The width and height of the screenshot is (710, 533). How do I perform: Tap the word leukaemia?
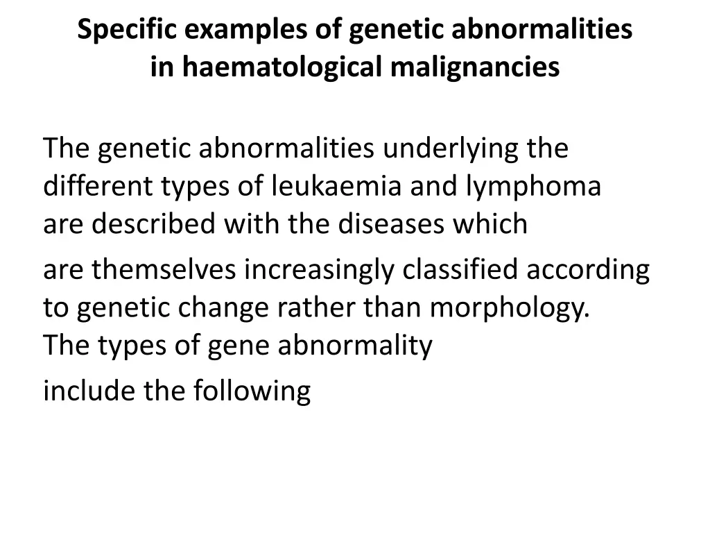[337, 186]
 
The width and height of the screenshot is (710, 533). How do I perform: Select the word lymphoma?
[533, 186]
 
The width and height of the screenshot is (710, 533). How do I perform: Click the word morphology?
[510, 308]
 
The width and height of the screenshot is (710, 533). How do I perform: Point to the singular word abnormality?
[355, 346]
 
